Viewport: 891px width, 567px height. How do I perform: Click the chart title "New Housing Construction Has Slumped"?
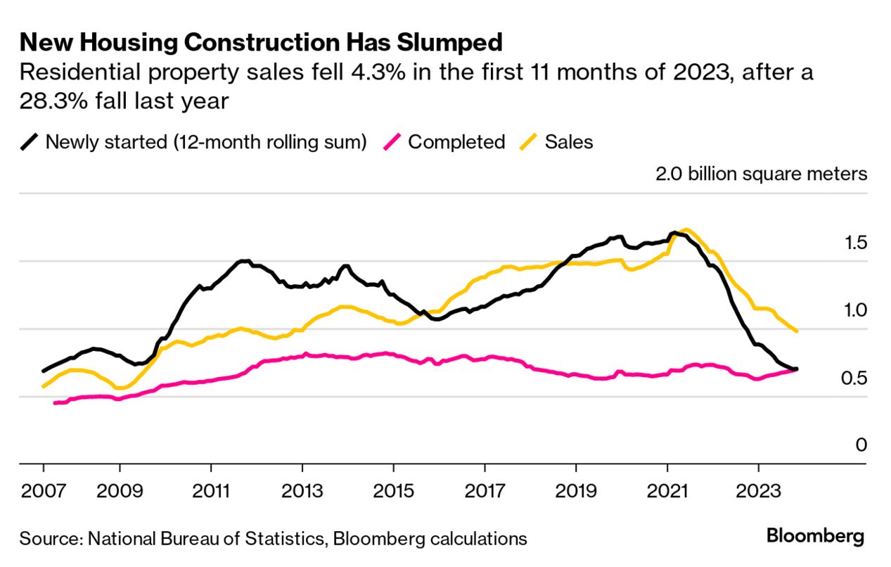click(x=261, y=43)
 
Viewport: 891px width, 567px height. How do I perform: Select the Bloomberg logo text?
click(x=815, y=537)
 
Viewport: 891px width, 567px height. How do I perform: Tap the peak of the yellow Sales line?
click(x=686, y=230)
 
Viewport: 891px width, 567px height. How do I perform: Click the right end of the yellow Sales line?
click(x=796, y=331)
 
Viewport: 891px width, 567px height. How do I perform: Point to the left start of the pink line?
click(x=55, y=403)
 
